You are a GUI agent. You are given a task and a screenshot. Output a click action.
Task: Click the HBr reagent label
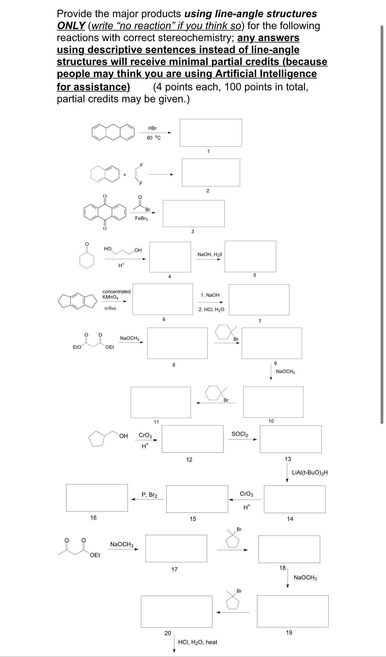coord(152,128)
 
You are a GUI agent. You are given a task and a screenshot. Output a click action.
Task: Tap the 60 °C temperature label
coord(154,138)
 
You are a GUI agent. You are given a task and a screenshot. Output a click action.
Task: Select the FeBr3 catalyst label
coord(142,218)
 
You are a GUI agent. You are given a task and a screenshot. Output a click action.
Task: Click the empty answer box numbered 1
coord(211,133)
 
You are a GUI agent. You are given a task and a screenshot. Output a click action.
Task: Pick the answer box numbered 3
coord(193,213)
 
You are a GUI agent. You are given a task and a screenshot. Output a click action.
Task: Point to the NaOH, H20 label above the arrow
coord(210,255)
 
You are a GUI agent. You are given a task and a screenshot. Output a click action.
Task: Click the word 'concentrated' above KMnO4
coord(116,291)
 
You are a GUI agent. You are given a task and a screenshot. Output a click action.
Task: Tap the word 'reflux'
coord(110,308)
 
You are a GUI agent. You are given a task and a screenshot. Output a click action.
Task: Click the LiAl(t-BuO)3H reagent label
coord(310,473)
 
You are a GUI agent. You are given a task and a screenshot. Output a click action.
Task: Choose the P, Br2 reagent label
coord(149,495)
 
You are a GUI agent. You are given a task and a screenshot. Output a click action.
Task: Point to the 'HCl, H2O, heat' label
coord(197,642)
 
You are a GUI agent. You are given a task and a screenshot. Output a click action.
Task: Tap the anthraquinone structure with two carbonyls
coord(105,212)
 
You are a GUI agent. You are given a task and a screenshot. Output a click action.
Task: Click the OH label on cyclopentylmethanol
coord(123,436)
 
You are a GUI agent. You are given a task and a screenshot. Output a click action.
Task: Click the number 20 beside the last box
coord(168,633)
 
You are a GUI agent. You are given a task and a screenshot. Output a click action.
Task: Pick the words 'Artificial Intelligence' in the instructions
coord(265,74)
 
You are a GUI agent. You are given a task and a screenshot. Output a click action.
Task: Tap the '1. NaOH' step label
coord(210,295)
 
